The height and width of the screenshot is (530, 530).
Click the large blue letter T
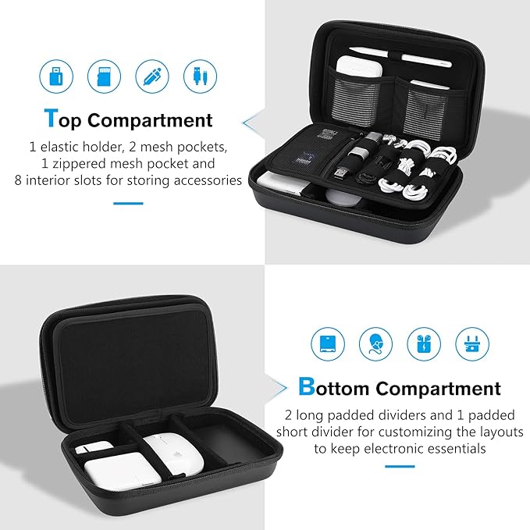pyautogui.click(x=51, y=119)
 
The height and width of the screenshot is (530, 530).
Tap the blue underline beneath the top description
pyautogui.click(x=128, y=203)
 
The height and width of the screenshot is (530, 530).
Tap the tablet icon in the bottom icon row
pyautogui.click(x=328, y=343)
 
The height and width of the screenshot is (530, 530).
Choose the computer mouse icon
pyautogui.click(x=375, y=343)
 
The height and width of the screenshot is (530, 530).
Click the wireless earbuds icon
pyautogui.click(x=423, y=343)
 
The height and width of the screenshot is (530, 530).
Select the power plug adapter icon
pyautogui.click(x=471, y=343)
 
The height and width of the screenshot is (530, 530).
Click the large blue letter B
pyautogui.click(x=307, y=386)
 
